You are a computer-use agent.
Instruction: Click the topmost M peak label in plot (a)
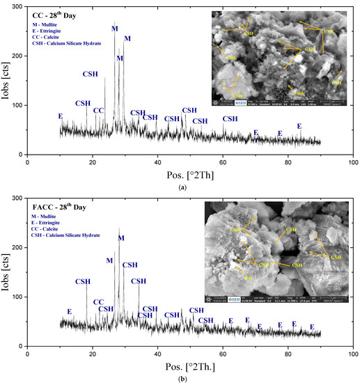[115, 29]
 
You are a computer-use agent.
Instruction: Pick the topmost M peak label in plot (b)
[121, 238]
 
